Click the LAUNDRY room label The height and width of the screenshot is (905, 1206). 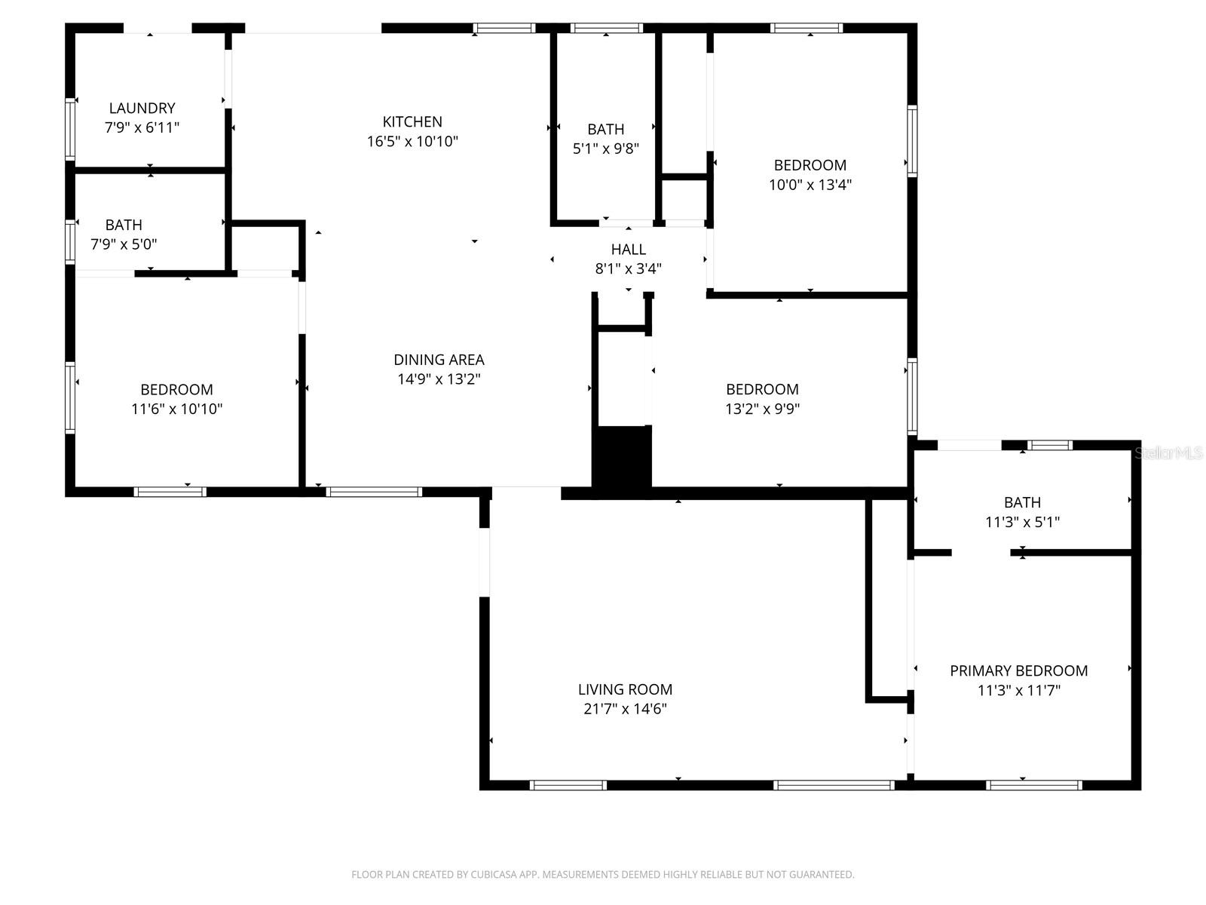click(142, 108)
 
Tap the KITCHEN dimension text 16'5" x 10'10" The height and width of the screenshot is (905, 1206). click(412, 141)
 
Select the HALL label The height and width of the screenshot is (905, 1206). click(628, 249)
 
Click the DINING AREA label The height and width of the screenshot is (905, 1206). click(439, 360)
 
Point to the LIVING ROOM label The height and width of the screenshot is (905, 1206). click(625, 689)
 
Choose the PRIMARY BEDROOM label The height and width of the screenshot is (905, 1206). click(1018, 670)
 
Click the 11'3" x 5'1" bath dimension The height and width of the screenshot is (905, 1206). click(1022, 522)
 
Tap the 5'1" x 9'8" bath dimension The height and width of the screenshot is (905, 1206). click(605, 149)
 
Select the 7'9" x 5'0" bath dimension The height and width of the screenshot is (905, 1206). click(124, 244)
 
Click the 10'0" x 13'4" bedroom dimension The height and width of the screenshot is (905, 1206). click(810, 185)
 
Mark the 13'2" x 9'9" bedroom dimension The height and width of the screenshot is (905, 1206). click(762, 409)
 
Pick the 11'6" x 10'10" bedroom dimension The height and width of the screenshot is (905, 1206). click(176, 409)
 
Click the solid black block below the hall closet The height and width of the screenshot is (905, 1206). click(622, 460)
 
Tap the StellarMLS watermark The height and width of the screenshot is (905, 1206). click(1169, 452)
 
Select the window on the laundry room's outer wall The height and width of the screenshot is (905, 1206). click(70, 129)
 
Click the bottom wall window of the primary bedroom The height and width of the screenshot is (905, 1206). click(1033, 785)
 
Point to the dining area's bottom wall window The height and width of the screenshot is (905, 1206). click(374, 492)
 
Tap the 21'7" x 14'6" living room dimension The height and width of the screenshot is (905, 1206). click(625, 709)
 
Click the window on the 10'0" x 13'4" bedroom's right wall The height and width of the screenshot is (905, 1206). click(912, 141)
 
